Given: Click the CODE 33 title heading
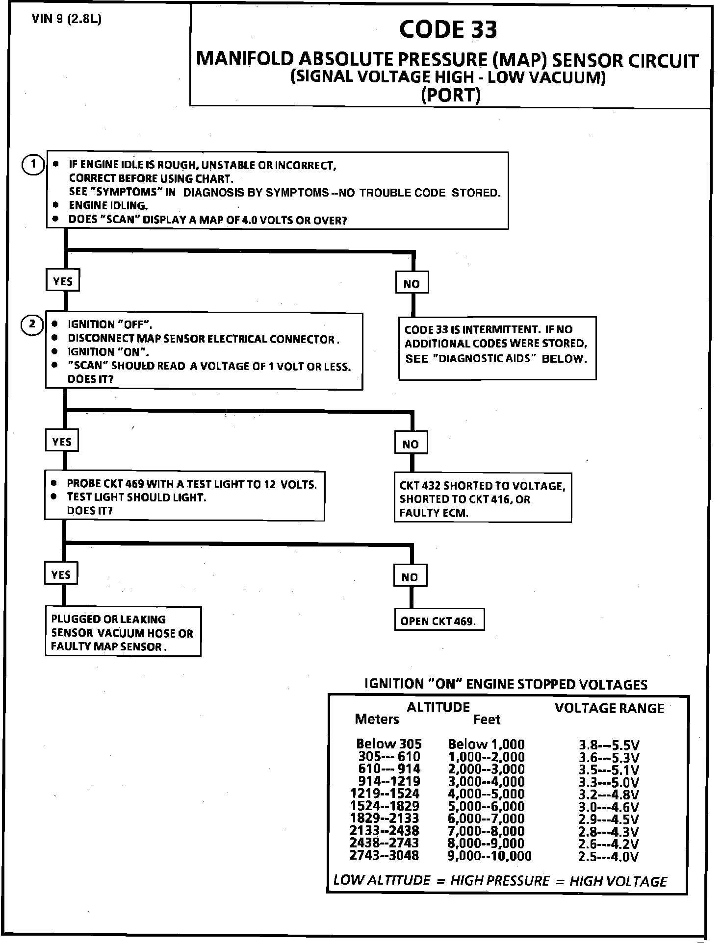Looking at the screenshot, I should pos(448,29).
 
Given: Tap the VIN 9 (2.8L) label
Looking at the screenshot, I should pos(66,19).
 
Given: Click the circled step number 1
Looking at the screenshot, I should pos(33,164).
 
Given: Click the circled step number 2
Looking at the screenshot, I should pos(32,324).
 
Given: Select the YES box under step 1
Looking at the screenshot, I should pos(63,281).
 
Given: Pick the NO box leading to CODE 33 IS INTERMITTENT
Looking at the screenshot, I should pos(412,283).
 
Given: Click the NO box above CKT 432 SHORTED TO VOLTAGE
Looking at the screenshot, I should pos(411,444).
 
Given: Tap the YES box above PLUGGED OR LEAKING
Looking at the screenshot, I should pos(61,575).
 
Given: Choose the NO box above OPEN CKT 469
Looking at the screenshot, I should pos(410,577).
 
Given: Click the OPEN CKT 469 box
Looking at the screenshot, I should pos(438,621).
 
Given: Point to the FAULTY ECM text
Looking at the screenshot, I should pos(434,513).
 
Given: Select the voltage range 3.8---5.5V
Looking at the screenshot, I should pos(609,745).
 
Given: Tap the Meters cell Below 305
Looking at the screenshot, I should pos(388,744).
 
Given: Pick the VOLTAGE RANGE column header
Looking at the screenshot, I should pos(609,708).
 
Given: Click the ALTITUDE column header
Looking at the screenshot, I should pos(438,707).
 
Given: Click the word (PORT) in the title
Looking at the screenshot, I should pos(450,95).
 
